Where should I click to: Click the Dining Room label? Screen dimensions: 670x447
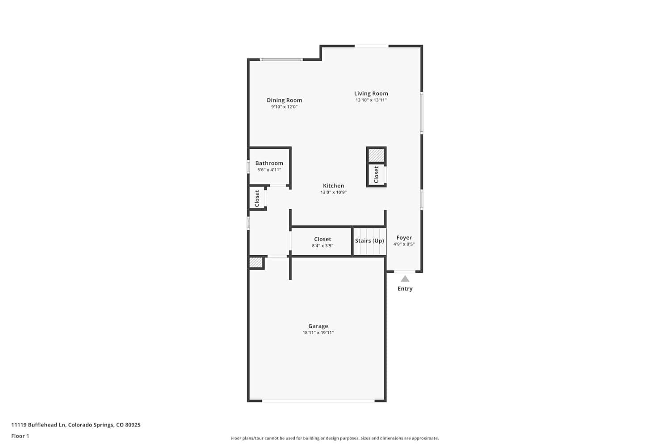coord(284,100)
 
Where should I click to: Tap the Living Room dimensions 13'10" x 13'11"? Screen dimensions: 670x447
coord(371,100)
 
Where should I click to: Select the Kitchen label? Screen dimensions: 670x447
coord(333,186)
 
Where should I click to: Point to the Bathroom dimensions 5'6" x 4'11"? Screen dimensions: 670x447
coord(269,170)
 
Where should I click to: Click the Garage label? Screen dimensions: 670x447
coord(318,326)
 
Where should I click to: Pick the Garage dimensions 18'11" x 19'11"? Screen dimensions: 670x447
coord(318,333)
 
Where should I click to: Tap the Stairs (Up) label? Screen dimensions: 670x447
coord(369,241)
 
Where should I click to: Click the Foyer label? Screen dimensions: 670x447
coord(404,238)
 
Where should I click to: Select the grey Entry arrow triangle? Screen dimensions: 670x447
coord(405,279)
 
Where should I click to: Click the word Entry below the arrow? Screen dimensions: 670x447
coord(405,289)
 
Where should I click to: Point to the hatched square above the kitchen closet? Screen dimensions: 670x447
coord(376,155)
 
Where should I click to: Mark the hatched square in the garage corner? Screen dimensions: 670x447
coord(256,262)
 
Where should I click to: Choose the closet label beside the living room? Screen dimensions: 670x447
coord(376,174)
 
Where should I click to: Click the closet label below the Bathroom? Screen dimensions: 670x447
coord(257,198)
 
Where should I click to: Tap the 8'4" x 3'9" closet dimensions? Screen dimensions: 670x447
coord(322,246)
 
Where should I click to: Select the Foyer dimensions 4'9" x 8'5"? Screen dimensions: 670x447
coord(404,244)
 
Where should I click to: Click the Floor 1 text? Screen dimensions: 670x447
coord(20,436)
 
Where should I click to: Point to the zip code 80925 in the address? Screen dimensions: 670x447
coord(133,425)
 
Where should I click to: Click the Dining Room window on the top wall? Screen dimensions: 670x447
coord(281,59)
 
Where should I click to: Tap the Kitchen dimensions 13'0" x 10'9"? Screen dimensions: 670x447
coord(333,192)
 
